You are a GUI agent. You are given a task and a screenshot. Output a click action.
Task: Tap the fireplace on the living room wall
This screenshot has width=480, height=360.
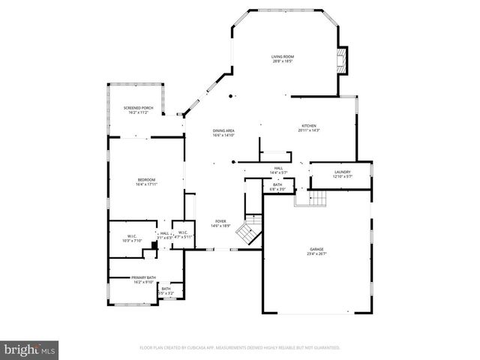pyautogui.click(x=343, y=61)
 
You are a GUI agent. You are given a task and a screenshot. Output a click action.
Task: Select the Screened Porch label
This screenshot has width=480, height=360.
pyautogui.click(x=138, y=109)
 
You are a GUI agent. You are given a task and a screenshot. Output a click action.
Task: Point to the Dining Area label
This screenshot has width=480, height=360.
pyautogui.click(x=223, y=131)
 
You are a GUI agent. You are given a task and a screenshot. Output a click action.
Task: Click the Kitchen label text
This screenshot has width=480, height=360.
pyautogui.click(x=309, y=125)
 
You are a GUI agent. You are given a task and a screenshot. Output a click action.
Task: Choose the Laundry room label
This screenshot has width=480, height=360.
pyautogui.click(x=342, y=172)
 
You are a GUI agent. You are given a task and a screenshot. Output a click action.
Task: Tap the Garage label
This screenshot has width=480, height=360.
pyautogui.click(x=316, y=249)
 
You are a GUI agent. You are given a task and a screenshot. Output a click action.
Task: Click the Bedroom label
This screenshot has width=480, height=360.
pyautogui.click(x=146, y=179)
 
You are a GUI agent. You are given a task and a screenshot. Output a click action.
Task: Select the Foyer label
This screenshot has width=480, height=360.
pyautogui.click(x=220, y=221)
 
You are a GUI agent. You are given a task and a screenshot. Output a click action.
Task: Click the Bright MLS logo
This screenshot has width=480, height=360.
pyautogui.click(x=30, y=349)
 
